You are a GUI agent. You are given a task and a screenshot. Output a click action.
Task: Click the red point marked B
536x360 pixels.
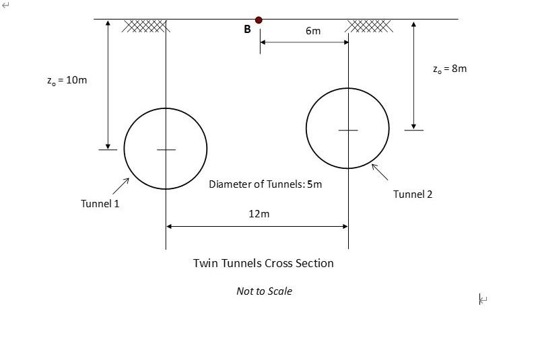coord(259,20)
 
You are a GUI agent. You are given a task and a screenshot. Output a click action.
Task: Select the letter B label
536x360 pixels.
coord(247,30)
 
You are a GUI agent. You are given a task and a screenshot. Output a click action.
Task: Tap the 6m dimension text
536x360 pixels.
coord(313,31)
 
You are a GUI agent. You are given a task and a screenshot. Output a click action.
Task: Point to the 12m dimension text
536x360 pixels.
coord(259,214)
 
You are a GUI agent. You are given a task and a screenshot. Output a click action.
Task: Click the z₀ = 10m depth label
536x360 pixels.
coord(67,80)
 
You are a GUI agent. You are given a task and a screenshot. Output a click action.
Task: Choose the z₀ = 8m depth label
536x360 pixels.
coord(449,69)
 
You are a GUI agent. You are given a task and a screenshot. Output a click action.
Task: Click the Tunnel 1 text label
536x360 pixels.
coord(100,203)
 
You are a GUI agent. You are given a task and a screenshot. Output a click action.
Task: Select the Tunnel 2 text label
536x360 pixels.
coord(413,194)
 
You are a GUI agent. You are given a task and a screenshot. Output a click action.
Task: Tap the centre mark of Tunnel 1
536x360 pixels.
coord(166,149)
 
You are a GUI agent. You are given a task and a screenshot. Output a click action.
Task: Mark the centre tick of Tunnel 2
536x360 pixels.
coord(348,130)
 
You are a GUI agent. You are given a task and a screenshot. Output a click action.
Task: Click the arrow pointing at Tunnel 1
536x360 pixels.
coord(122,185)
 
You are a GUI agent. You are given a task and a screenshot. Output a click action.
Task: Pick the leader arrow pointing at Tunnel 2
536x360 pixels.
coord(380,172)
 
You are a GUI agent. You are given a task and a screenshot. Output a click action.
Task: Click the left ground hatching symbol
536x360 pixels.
coord(145,26)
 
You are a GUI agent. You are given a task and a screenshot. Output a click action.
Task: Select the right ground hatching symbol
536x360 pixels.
coord(369,26)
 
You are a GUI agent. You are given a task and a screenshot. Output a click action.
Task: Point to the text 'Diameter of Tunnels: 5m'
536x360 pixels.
coord(265,184)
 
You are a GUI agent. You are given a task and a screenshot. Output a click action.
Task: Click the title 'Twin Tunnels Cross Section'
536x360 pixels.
coord(263,263)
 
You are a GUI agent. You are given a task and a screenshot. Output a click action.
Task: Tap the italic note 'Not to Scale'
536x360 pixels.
coord(264,291)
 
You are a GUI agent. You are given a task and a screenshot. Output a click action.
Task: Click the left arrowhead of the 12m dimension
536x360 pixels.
coord(170,227)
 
